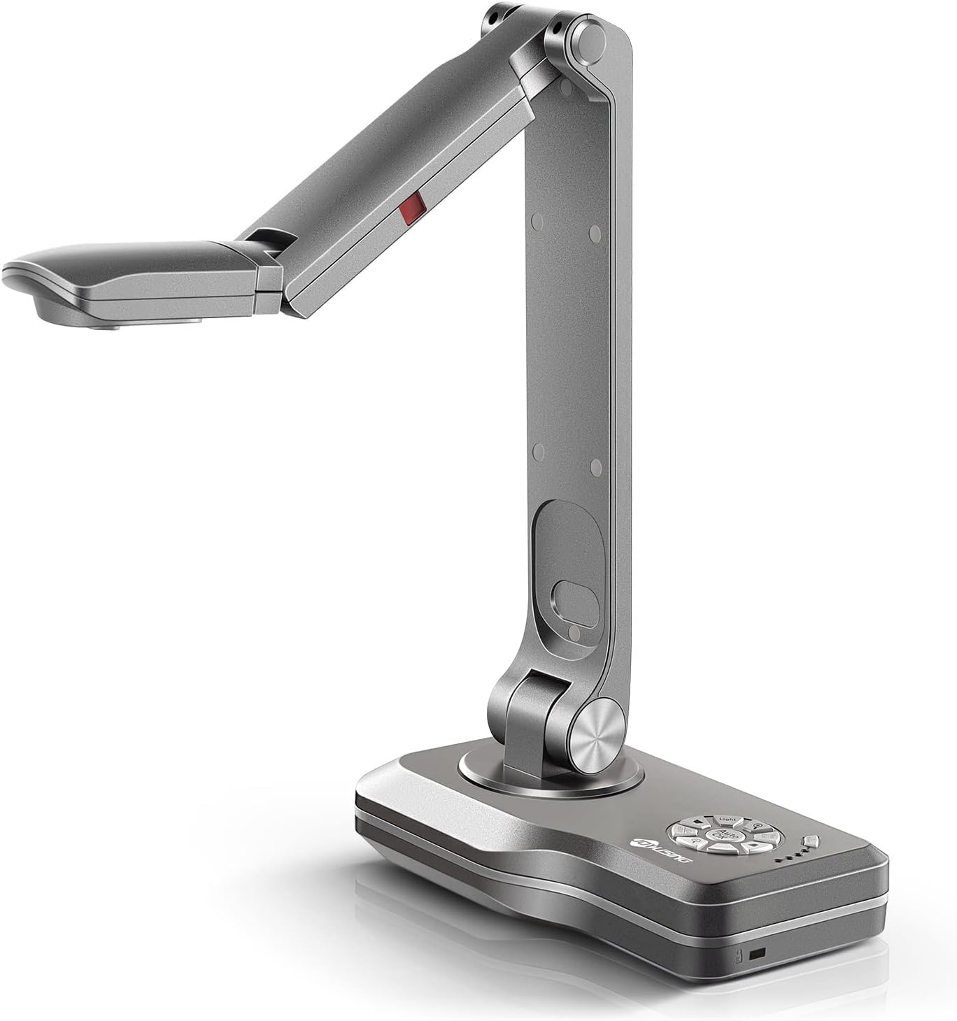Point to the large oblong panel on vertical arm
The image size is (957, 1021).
click(x=568, y=568)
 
